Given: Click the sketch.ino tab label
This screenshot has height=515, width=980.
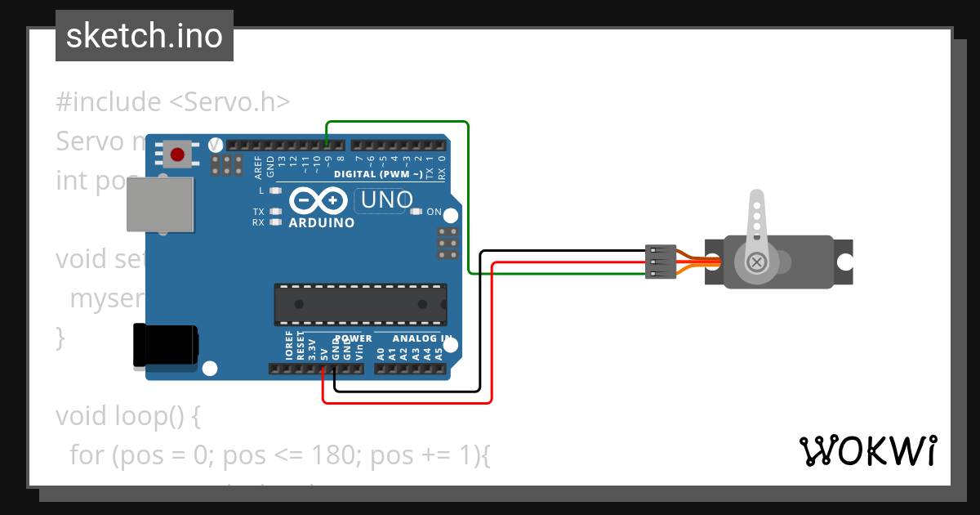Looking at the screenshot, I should (145, 36).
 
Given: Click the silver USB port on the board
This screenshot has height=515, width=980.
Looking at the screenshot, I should (161, 204).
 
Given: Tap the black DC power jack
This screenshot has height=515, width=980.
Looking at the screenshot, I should (166, 344).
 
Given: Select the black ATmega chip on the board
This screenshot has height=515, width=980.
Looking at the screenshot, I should (360, 304).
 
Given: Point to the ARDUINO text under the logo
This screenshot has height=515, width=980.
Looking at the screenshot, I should (322, 222).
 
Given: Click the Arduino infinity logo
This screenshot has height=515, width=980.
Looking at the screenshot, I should (318, 200).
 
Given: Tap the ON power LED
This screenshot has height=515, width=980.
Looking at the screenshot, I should (416, 213).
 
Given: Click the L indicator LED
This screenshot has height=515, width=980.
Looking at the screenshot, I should (275, 190).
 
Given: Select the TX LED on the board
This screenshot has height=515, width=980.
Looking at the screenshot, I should (275, 212).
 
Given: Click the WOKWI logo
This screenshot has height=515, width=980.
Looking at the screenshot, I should (868, 450).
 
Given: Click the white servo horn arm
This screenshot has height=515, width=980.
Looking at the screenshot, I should (757, 225).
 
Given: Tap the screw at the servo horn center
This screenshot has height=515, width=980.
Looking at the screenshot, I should (757, 262).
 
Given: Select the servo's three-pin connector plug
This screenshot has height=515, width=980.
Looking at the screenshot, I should (661, 262).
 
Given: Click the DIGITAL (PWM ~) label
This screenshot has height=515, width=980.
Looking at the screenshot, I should (378, 174).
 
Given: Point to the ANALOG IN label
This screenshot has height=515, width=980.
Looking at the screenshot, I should (422, 338).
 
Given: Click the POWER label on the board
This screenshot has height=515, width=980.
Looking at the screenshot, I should (353, 338).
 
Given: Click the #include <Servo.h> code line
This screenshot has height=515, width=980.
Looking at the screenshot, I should (173, 102).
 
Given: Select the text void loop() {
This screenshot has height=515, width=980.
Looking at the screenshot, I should (127, 416).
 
